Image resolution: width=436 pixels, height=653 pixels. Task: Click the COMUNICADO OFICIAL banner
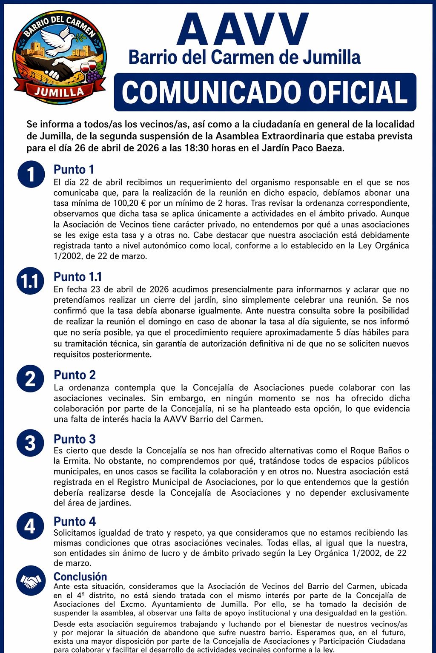click(265, 92)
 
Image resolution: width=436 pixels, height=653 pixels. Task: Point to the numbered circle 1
click(30, 174)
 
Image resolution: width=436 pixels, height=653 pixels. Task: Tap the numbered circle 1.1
click(30, 281)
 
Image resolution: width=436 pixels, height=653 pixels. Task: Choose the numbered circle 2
click(30, 379)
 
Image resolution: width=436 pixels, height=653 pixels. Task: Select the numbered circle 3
click(30, 443)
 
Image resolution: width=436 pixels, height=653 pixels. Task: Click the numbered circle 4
click(30, 526)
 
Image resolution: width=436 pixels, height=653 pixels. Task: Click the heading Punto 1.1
click(77, 277)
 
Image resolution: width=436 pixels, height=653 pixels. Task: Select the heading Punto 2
click(75, 375)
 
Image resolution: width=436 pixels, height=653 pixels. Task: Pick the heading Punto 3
click(75, 439)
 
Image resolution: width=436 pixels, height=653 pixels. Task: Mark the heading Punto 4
click(75, 522)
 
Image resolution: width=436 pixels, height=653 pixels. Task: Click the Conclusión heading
click(80, 577)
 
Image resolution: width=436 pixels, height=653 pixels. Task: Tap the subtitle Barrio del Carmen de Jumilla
click(244, 57)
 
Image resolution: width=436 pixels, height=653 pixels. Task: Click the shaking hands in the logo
click(60, 68)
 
